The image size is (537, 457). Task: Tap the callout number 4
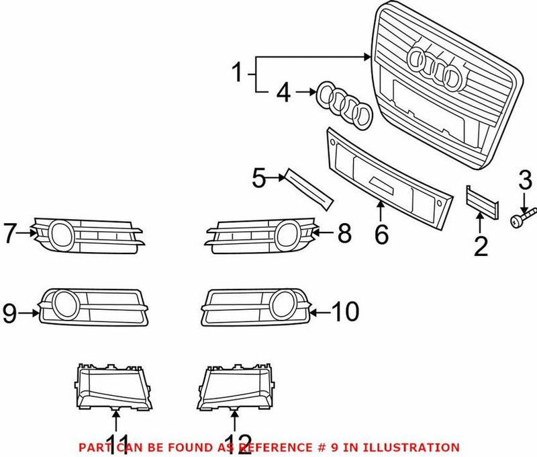pos(284,93)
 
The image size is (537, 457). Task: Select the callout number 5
pos(259,178)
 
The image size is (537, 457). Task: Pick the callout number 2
pos(481,246)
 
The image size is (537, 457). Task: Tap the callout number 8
pos(344,234)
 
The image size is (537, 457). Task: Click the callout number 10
pos(345,311)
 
